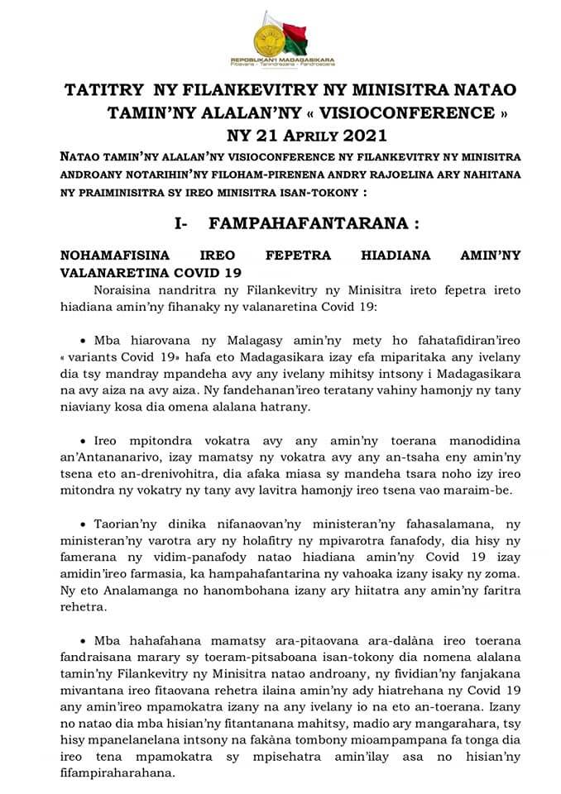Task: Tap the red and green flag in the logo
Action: (294, 36)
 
